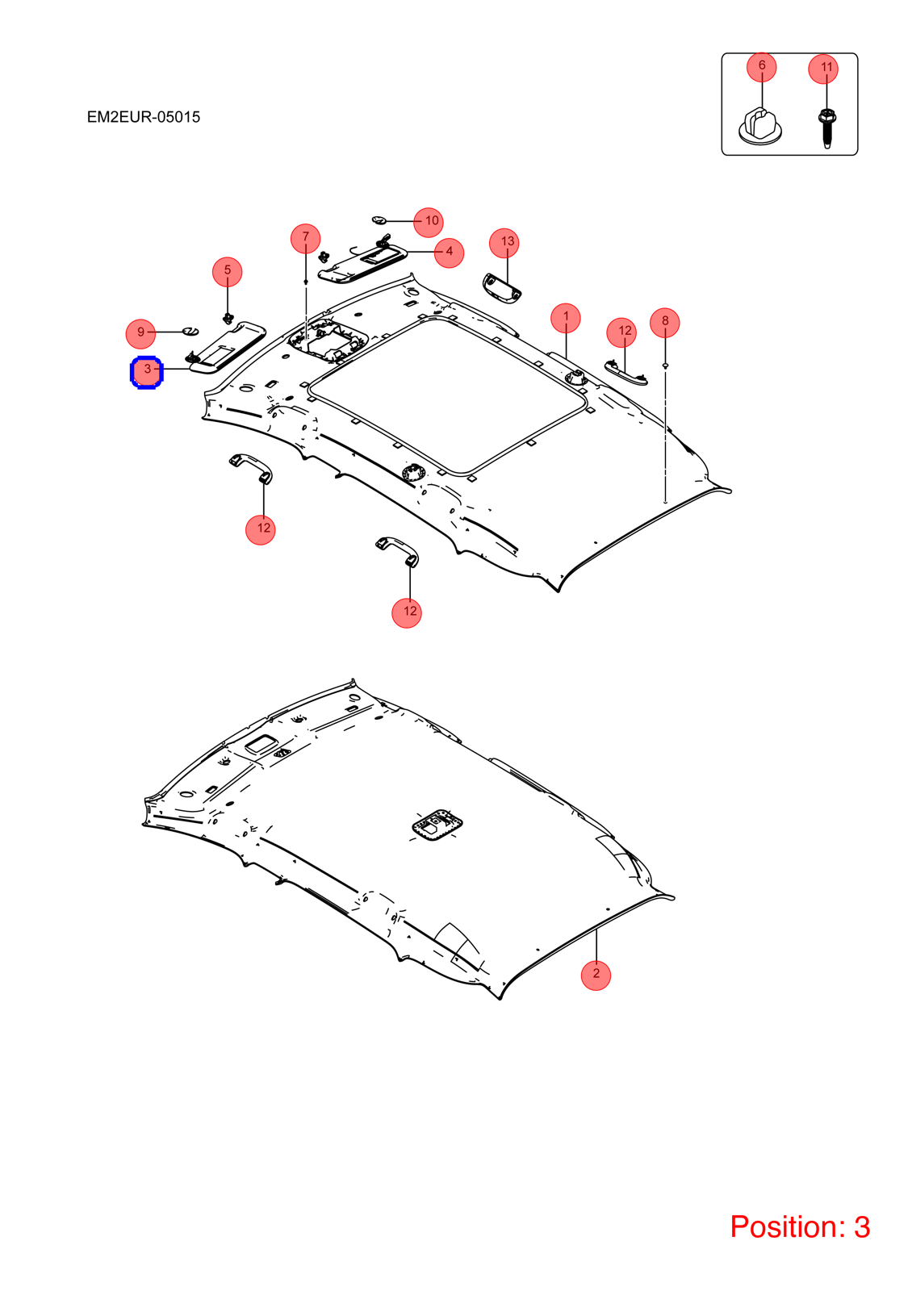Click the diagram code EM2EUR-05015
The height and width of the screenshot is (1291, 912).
click(x=144, y=117)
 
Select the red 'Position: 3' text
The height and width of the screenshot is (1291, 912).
click(x=800, y=1226)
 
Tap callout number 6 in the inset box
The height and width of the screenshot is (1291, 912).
click(x=762, y=67)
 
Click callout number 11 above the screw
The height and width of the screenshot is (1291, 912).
click(x=823, y=69)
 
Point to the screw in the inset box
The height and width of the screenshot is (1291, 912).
click(x=826, y=128)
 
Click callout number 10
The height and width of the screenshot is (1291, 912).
click(x=429, y=222)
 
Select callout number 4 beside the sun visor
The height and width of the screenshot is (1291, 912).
click(x=449, y=253)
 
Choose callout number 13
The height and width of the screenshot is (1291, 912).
click(x=504, y=243)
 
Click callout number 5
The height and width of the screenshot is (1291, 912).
click(x=227, y=271)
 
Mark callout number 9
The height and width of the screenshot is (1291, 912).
click(x=140, y=334)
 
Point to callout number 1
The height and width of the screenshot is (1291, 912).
click(x=566, y=318)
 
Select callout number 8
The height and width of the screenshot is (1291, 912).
click(x=665, y=323)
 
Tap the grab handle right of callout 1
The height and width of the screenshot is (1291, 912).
click(x=625, y=372)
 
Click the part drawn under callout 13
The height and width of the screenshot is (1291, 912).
click(x=501, y=287)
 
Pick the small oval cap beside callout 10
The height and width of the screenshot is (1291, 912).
click(x=379, y=219)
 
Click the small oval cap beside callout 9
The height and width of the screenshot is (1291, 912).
click(x=190, y=330)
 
